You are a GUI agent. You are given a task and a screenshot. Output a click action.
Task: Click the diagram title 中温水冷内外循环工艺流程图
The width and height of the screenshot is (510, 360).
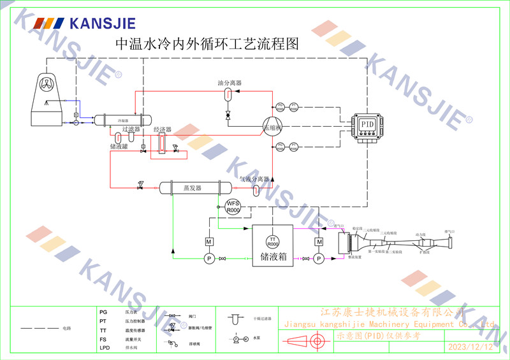(x=206, y=44)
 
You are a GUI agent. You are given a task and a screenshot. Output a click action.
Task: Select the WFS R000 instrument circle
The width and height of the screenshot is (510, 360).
(x=233, y=206)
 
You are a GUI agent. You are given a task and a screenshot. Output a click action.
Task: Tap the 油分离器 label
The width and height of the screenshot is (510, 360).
(x=229, y=83)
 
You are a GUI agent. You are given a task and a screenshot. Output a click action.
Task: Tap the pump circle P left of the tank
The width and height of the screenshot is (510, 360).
(x=208, y=258)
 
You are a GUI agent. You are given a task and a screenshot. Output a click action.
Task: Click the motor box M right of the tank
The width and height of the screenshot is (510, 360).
(x=319, y=241)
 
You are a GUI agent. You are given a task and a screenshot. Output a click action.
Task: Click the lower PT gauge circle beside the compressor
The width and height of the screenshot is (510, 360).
(x=293, y=147)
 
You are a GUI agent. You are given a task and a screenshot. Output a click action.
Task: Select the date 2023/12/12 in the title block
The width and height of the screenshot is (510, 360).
(x=470, y=347)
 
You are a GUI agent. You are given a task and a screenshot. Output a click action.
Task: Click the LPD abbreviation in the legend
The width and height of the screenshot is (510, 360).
(x=105, y=348)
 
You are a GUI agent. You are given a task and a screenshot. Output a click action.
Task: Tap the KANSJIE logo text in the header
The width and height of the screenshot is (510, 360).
(x=102, y=24)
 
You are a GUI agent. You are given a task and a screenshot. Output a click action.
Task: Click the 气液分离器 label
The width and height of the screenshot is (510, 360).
(x=254, y=180)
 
